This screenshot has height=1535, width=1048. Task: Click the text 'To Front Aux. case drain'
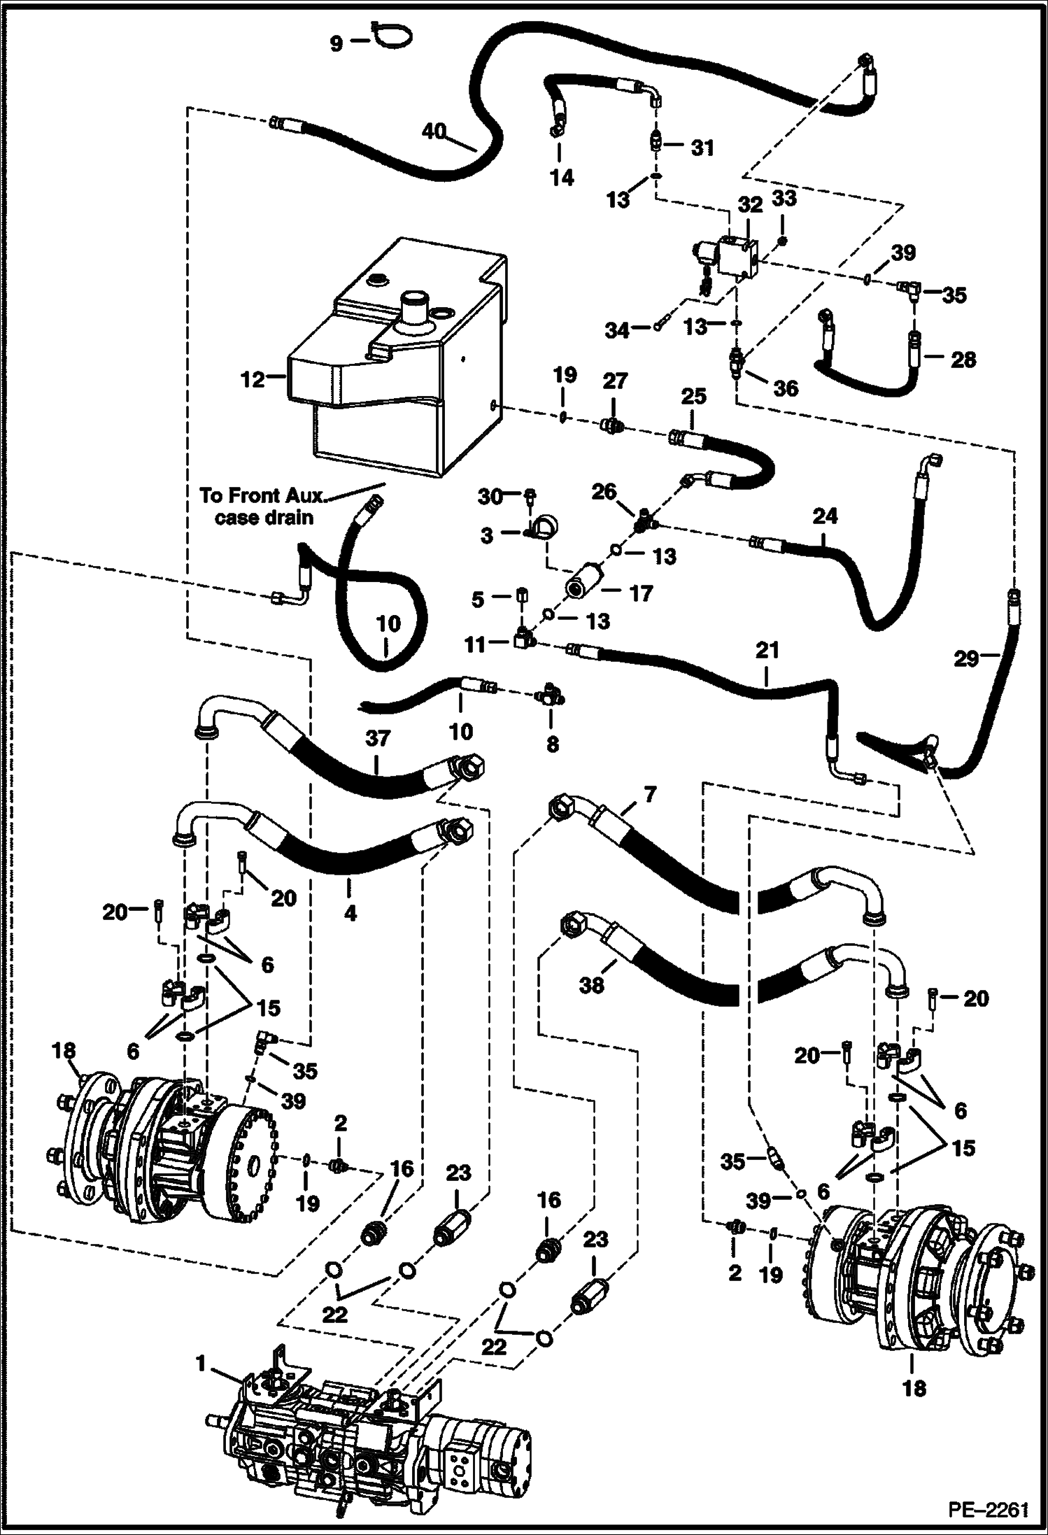(x=262, y=506)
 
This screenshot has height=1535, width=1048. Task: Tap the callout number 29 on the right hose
(x=967, y=658)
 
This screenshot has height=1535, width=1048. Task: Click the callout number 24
(x=826, y=516)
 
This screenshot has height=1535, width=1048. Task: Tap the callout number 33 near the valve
(x=784, y=199)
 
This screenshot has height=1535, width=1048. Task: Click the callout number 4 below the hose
(x=350, y=912)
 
